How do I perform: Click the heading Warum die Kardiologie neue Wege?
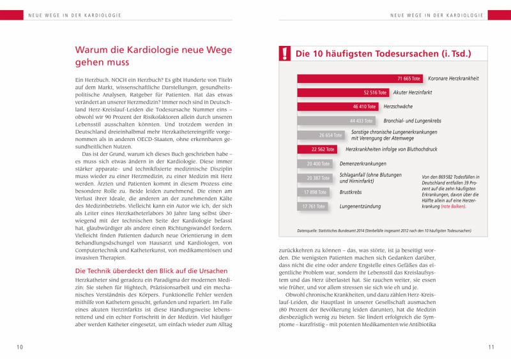click(x=154, y=56)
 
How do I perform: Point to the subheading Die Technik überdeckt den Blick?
click(x=148, y=271)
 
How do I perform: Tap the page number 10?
click(x=20, y=347)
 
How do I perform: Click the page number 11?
click(x=491, y=347)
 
